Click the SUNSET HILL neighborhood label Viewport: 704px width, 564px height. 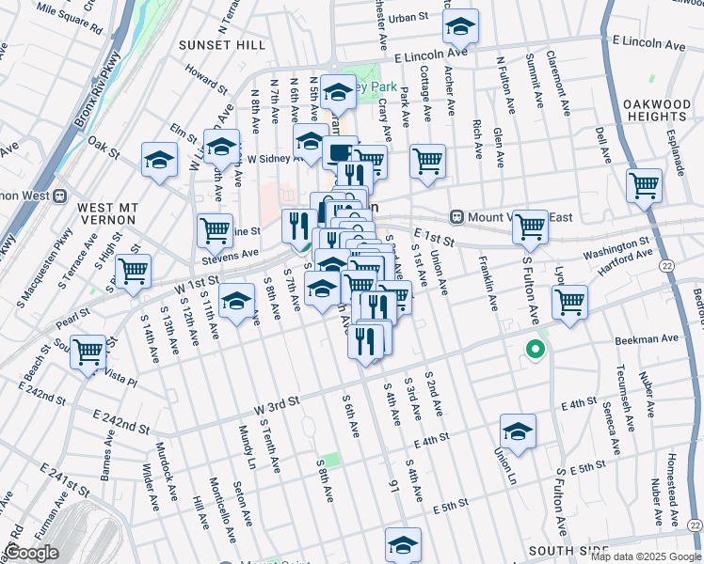pos(223,44)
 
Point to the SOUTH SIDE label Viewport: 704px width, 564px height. pos(564,550)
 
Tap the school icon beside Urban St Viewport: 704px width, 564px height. pos(460,27)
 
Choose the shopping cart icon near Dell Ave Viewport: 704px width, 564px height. pos(644,185)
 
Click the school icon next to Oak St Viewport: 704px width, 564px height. pos(160,160)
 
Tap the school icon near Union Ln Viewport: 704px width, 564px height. pos(518,431)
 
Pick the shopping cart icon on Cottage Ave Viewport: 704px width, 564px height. pos(427,162)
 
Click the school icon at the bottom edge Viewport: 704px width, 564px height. pos(403,544)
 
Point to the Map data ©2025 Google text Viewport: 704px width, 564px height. pos(645,556)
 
